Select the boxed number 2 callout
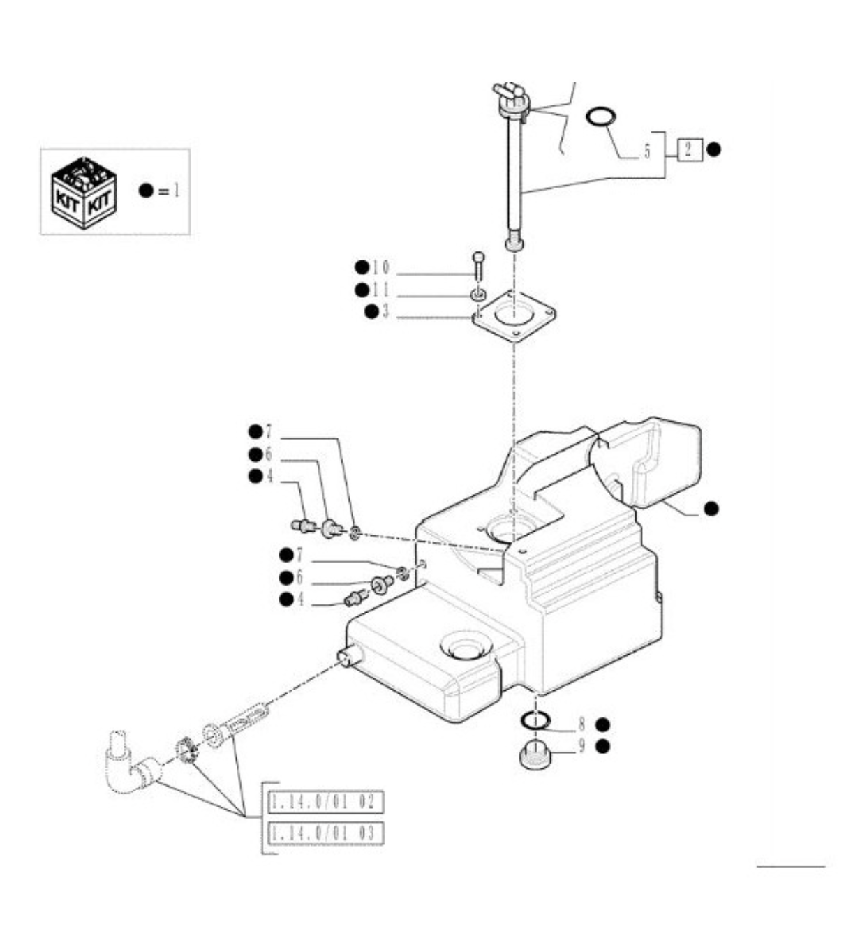[x=690, y=149]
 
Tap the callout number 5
[x=647, y=151]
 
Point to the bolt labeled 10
[x=478, y=266]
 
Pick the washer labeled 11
[x=478, y=295]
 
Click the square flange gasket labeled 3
[x=514, y=318]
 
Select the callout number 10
[x=380, y=268]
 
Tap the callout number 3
[x=385, y=312]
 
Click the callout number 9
[x=582, y=746]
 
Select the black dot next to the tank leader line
[x=711, y=509]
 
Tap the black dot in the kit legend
[x=147, y=191]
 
